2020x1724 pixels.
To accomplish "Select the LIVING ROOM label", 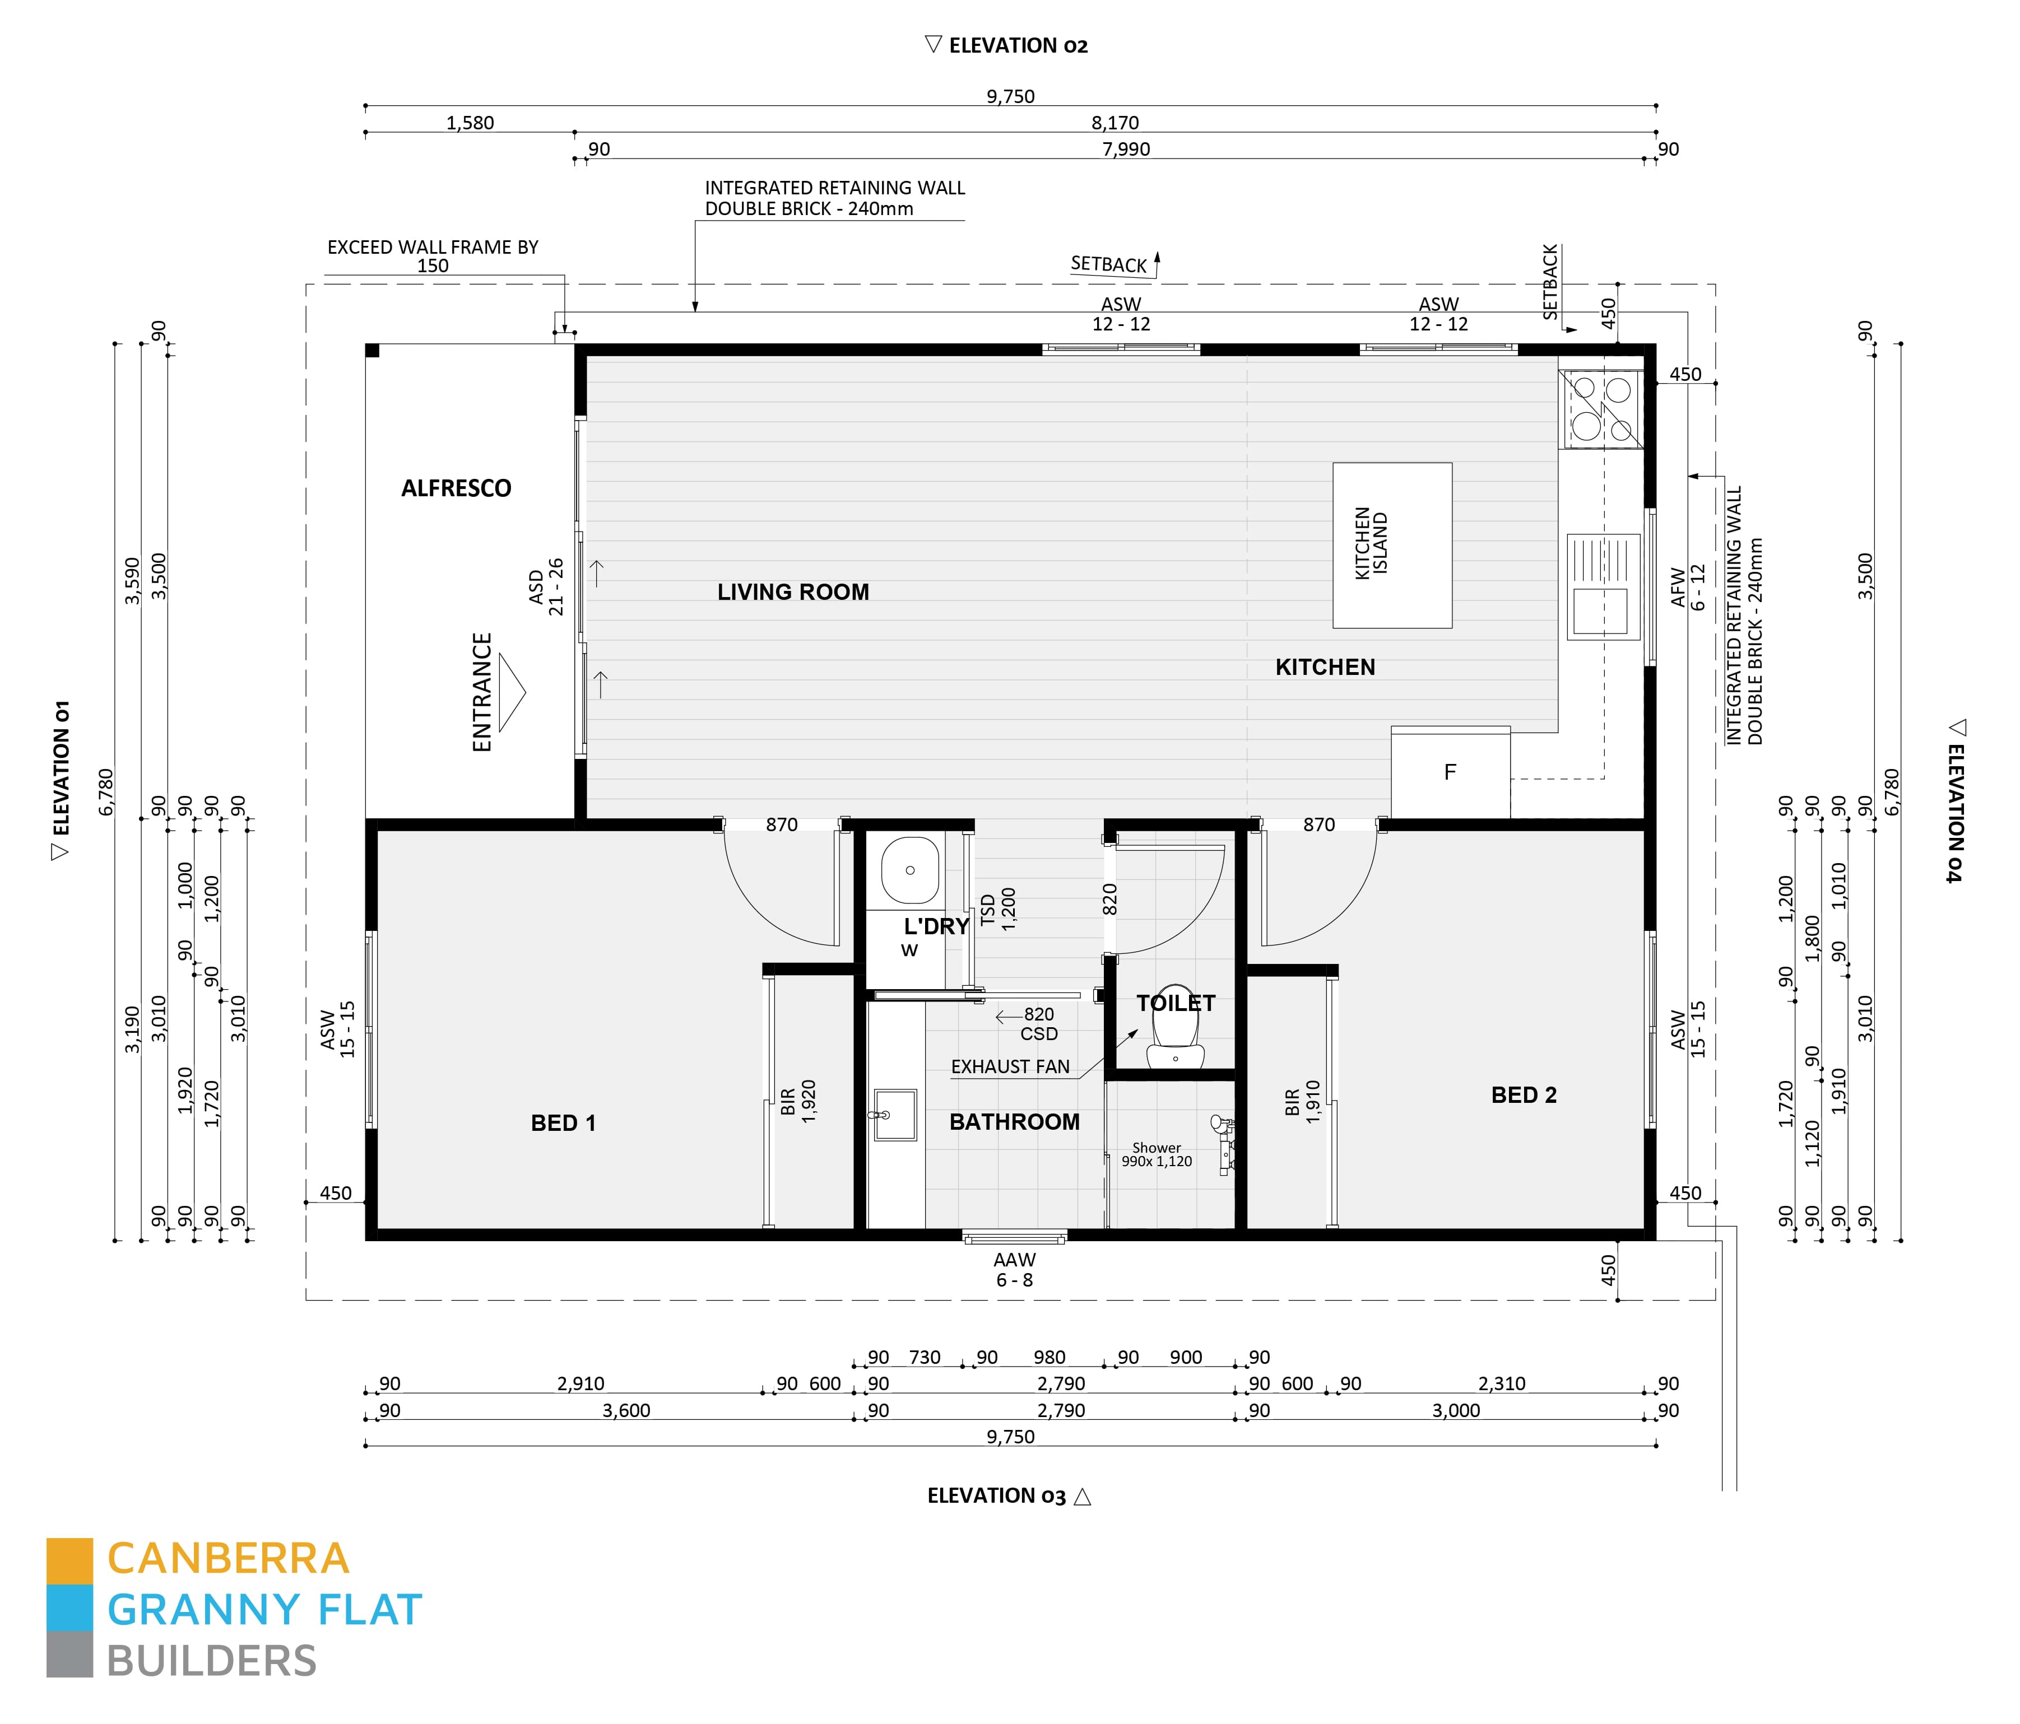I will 793,591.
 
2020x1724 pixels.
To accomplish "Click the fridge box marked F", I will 1450,772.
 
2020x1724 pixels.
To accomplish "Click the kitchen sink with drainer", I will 1603,586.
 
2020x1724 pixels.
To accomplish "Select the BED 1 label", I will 563,1122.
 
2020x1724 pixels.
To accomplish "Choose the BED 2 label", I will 1523,1094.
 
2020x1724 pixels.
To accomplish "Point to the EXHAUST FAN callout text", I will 1010,1067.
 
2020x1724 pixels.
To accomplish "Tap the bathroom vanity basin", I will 894,1114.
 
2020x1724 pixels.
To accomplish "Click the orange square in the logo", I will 69,1560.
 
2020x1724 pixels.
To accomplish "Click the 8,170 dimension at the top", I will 1115,123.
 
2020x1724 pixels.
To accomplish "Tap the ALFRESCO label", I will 456,488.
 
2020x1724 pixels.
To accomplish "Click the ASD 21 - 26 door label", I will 545,586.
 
